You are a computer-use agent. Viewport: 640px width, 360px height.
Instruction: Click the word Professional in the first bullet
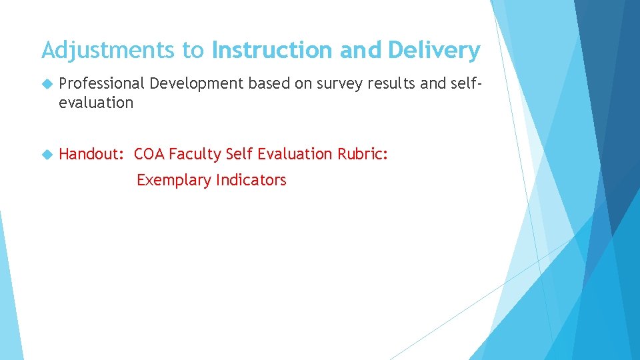point(101,83)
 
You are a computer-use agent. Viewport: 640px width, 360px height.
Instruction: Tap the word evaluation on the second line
point(96,103)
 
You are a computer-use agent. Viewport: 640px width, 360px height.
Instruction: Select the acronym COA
point(149,154)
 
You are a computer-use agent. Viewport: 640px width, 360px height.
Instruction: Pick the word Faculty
point(195,154)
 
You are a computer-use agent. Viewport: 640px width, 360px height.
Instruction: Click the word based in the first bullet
point(267,83)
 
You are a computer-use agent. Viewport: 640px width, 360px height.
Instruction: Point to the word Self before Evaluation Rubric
point(240,154)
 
